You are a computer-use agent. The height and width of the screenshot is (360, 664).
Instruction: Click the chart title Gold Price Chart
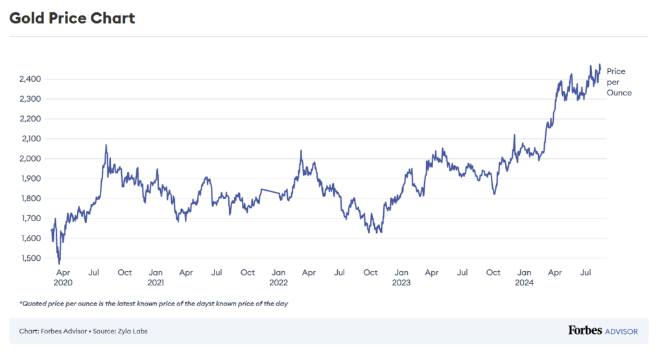click(x=72, y=18)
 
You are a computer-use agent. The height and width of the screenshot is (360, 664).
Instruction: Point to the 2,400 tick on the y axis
click(x=30, y=79)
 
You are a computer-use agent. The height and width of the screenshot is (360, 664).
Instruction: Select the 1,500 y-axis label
click(x=30, y=258)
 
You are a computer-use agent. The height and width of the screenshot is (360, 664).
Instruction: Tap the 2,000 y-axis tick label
click(x=30, y=159)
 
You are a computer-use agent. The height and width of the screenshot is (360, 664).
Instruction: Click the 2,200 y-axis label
click(x=30, y=119)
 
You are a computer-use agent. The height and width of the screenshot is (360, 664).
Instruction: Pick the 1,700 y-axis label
click(x=30, y=219)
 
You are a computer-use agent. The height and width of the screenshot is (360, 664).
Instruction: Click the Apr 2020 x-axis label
click(x=63, y=278)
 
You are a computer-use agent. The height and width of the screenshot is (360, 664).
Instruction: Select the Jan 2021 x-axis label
click(x=155, y=278)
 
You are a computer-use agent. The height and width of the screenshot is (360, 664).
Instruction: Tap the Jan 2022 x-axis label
click(x=278, y=278)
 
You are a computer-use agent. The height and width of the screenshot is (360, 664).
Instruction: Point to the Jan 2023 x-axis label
click(x=401, y=278)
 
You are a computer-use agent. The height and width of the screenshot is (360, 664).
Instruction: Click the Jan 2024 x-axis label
click(x=525, y=278)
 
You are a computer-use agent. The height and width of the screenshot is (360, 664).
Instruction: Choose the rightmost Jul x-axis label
click(x=586, y=272)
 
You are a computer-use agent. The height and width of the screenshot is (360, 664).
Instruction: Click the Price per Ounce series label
click(x=619, y=82)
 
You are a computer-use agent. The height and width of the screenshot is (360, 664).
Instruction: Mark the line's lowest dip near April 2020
click(x=59, y=263)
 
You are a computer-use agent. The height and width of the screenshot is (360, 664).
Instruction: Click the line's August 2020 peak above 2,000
click(x=106, y=145)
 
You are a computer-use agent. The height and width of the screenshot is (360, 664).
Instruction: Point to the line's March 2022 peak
click(x=301, y=150)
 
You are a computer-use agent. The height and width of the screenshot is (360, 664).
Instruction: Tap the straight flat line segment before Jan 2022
click(x=270, y=191)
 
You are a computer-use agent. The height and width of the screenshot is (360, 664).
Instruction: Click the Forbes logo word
click(x=584, y=331)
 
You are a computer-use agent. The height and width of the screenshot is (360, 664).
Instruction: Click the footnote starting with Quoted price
click(x=154, y=304)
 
